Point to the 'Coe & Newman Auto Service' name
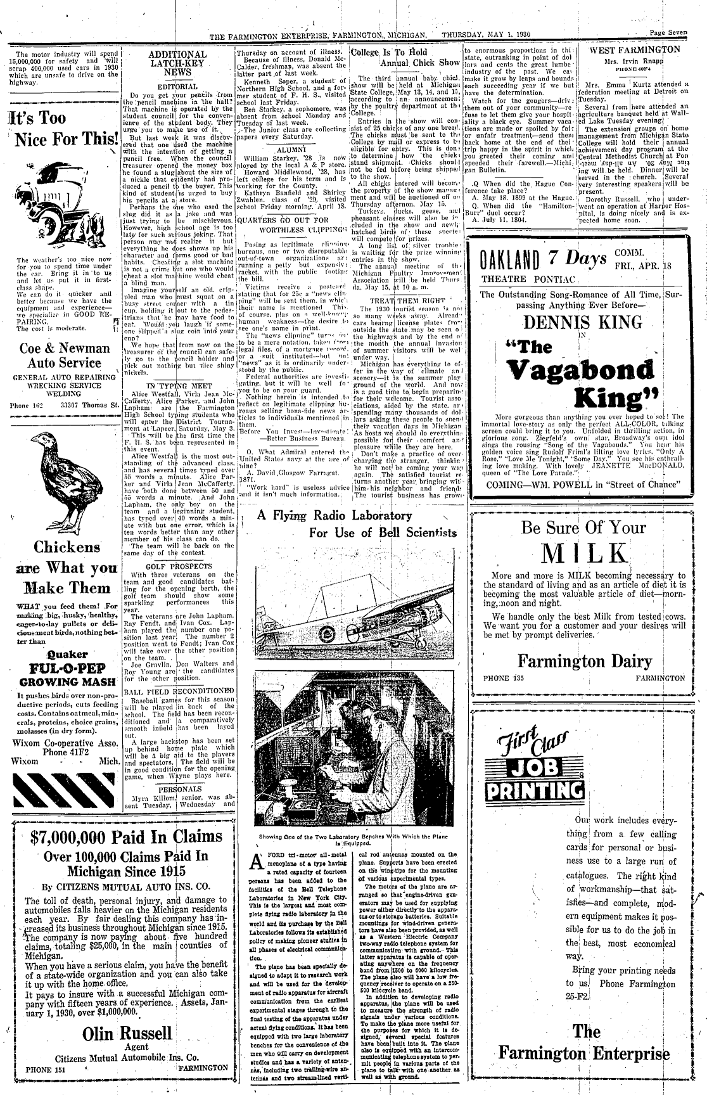pos(61,355)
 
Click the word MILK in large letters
pos(583,553)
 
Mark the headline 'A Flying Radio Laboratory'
pos(334,516)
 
